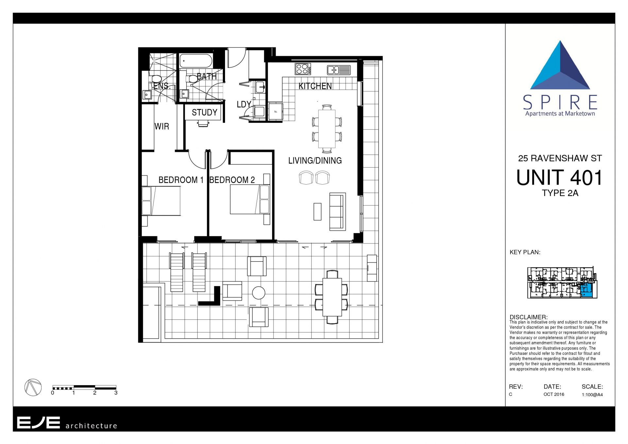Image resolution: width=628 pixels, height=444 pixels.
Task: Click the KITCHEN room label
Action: [315, 86]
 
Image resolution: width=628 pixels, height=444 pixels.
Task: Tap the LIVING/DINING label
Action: [315, 161]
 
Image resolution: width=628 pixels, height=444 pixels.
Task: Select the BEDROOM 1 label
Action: [181, 180]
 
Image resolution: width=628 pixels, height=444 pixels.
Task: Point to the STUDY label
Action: [204, 113]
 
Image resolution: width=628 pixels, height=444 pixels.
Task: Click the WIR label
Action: [162, 127]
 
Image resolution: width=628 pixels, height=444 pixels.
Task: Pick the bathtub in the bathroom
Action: [196, 61]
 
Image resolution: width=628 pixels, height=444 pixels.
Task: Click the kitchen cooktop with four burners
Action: [303, 69]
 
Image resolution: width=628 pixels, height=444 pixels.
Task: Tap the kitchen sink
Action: [339, 70]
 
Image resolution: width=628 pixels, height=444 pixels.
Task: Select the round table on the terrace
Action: [259, 293]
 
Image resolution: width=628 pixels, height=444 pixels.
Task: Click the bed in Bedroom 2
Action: [250, 200]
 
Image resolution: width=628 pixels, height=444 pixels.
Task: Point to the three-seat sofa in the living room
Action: [338, 212]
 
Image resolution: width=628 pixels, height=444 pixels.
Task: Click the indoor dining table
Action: [327, 129]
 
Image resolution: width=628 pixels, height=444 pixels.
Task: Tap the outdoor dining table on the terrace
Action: [332, 297]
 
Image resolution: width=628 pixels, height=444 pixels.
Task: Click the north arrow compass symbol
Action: [33, 387]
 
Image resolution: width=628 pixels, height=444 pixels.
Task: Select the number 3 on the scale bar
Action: [116, 393]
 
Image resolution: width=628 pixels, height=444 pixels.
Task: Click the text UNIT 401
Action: [560, 178]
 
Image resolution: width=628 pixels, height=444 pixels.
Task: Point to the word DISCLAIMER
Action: [528, 317]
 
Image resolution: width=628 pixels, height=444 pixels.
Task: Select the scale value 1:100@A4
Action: [592, 395]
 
